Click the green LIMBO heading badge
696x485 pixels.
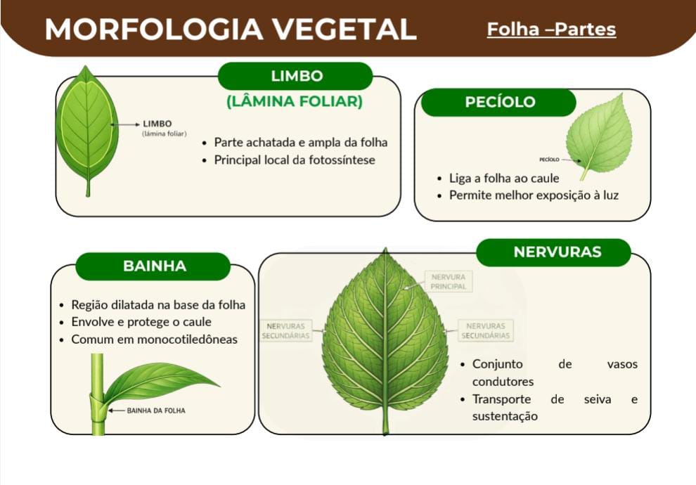pos(295,76)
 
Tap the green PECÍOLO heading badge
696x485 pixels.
pos(499,102)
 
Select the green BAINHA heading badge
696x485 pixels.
pos(153,266)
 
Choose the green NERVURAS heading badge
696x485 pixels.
pos(554,252)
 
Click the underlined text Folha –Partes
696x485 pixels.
pos(551,30)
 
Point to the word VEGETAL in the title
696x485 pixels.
pos(344,30)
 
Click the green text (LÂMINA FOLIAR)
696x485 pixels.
pos(295,101)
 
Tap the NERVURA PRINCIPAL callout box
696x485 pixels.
pos(449,282)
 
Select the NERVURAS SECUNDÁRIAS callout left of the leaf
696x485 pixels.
pos(286,330)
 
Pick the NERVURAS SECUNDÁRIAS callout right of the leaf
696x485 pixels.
pos(486,330)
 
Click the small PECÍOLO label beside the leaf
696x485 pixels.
pos(549,160)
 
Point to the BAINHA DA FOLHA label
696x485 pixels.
pos(156,411)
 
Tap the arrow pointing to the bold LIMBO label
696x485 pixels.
pos(125,124)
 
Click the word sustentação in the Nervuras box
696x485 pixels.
pos(505,417)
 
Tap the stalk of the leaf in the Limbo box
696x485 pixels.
pos(88,187)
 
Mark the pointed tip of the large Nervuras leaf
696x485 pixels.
pos(385,249)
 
